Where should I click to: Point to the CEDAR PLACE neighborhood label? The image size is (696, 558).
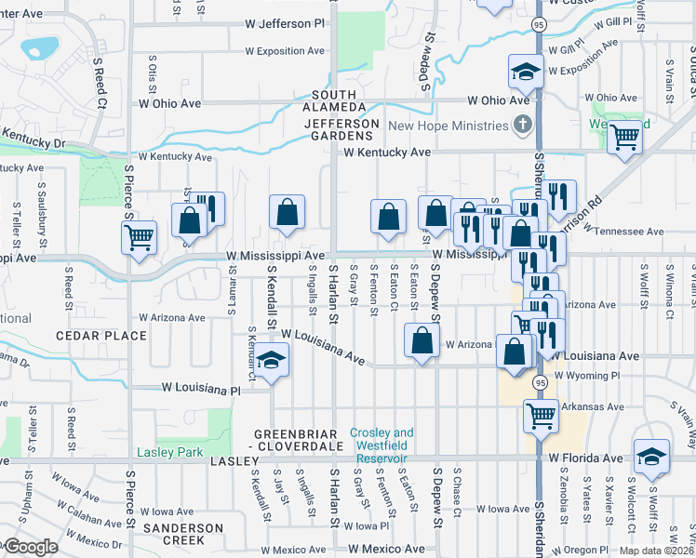[x=100, y=336]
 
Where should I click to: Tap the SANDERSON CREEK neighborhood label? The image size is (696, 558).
[x=182, y=534]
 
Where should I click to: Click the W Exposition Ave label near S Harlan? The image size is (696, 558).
[x=285, y=51]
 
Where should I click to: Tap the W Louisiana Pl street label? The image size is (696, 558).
[x=201, y=386]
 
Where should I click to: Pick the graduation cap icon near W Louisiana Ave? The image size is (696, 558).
[x=271, y=359]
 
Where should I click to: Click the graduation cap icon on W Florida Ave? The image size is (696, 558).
[x=650, y=456]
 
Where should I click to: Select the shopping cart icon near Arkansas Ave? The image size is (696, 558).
[x=540, y=415]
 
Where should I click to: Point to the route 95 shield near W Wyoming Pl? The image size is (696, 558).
[x=540, y=382]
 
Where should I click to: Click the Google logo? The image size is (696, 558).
[x=30, y=547]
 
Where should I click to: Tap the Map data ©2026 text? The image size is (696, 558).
[x=657, y=551]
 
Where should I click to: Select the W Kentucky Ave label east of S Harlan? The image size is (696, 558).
[x=387, y=152]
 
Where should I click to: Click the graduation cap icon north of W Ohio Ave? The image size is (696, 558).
[x=526, y=71]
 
